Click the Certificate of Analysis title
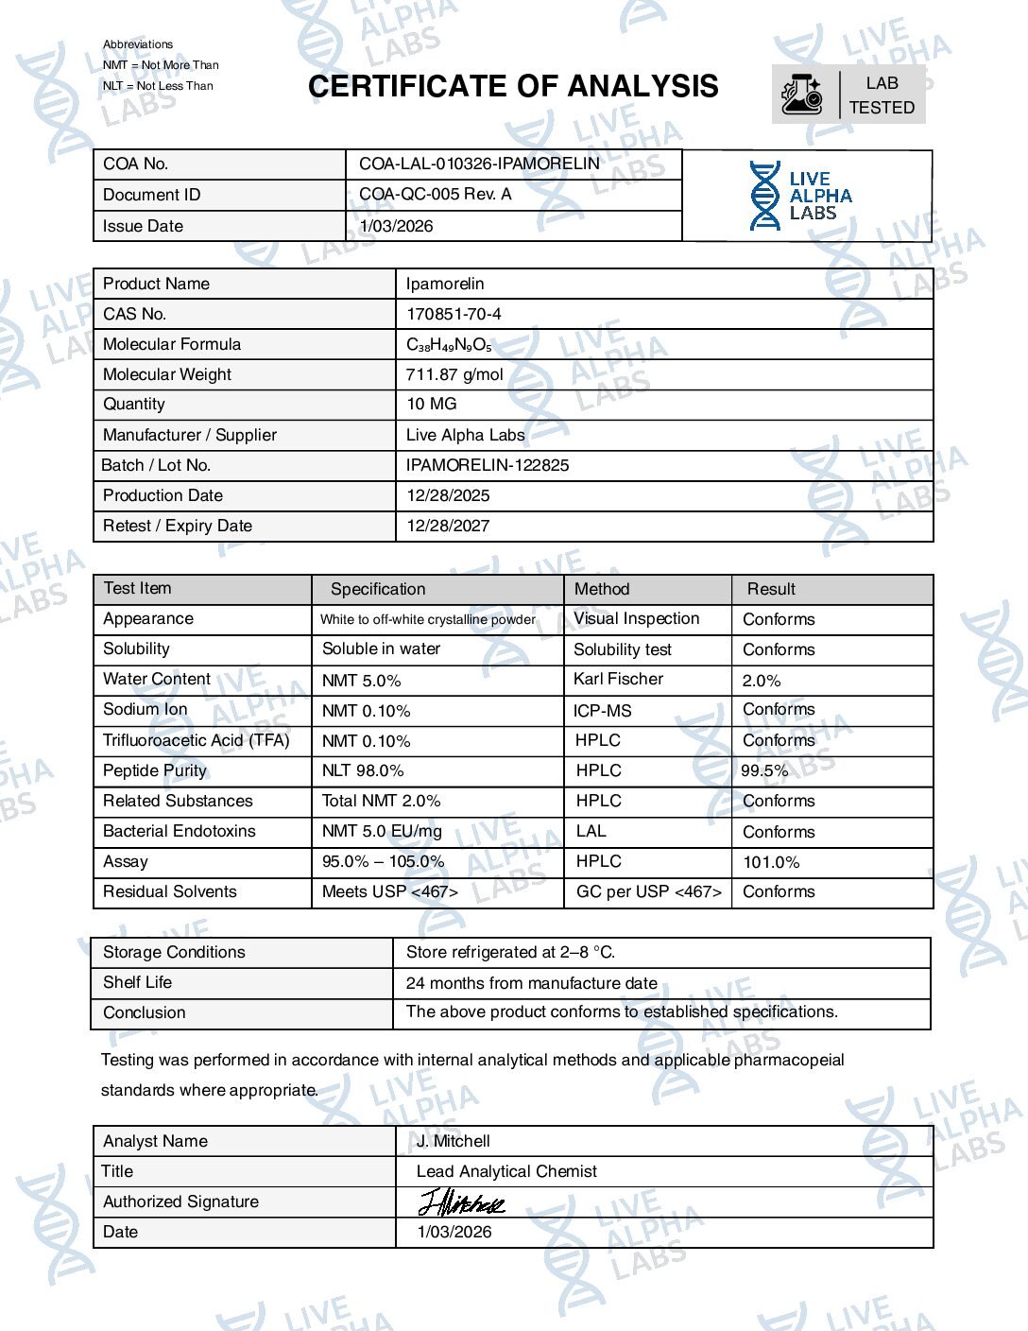click(513, 87)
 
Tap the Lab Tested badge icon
click(802, 95)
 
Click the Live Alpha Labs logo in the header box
click(800, 196)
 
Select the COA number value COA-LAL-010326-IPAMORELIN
click(479, 164)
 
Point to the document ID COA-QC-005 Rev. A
click(436, 194)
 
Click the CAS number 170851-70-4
click(454, 314)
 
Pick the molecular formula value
click(449, 345)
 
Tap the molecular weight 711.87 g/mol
click(454, 374)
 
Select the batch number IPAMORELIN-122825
click(488, 465)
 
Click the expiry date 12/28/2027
click(448, 526)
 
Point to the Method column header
click(602, 589)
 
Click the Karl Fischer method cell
click(618, 679)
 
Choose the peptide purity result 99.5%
click(764, 770)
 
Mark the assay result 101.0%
click(771, 862)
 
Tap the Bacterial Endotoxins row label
click(180, 831)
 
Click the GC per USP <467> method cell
click(648, 891)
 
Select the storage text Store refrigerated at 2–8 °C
click(510, 952)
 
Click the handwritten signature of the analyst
click(462, 1202)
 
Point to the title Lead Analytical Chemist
click(506, 1171)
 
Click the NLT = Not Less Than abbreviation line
click(158, 86)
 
